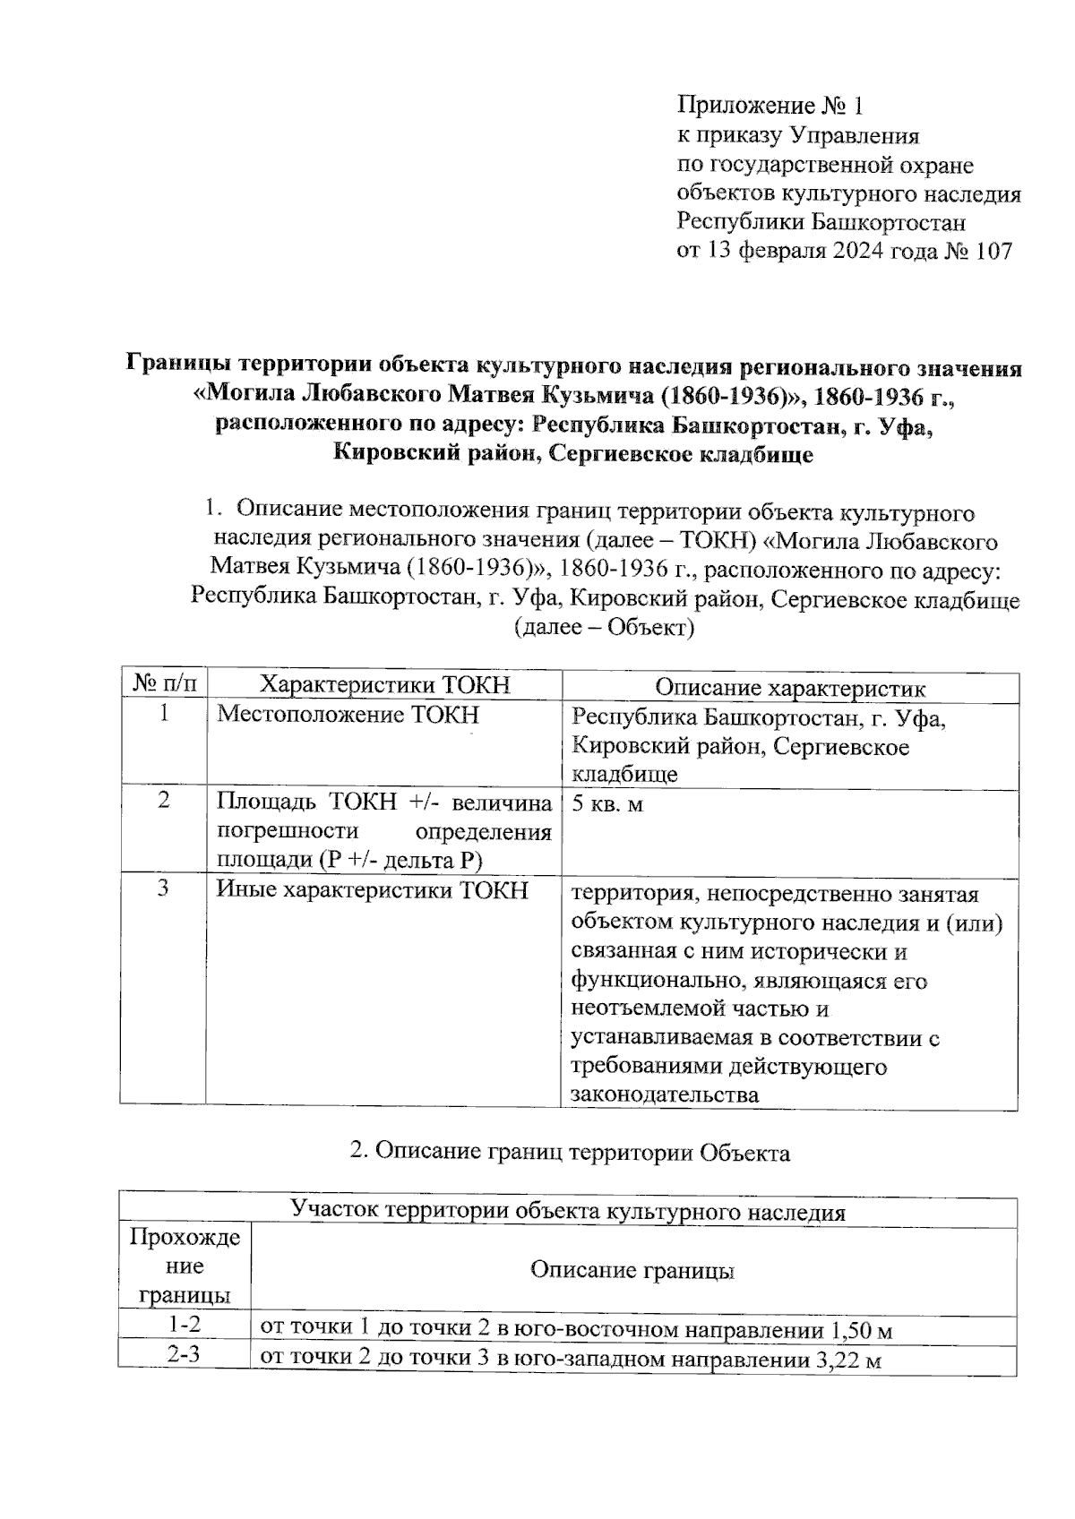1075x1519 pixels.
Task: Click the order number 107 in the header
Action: pos(993,251)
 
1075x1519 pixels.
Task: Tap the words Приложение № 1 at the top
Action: pos(770,107)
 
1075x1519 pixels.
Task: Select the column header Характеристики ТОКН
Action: pos(384,686)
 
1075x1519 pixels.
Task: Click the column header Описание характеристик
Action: pos(790,687)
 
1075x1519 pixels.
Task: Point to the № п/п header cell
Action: pos(164,686)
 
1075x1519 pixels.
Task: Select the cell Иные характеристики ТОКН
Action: pos(373,890)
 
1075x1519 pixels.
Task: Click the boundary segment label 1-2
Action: pos(185,1325)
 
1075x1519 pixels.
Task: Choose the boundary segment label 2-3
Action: pos(185,1355)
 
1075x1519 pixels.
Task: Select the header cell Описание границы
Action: pos(632,1270)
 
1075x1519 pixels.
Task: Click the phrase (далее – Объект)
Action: pos(604,627)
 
